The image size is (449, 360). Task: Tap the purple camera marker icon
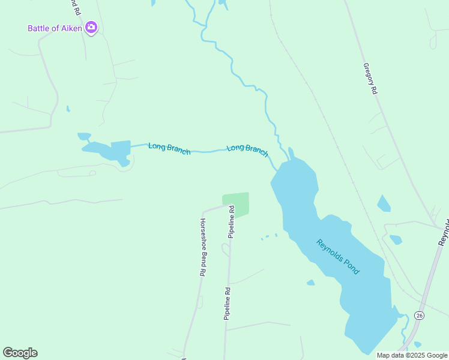pyautogui.click(x=91, y=28)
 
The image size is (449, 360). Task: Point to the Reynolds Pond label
pyautogui.click(x=337, y=257)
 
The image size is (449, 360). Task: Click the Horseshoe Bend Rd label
pyautogui.click(x=203, y=246)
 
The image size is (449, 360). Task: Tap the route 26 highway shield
pyautogui.click(x=419, y=315)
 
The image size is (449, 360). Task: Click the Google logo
pyautogui.click(x=20, y=352)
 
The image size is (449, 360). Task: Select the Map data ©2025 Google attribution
pyautogui.click(x=412, y=355)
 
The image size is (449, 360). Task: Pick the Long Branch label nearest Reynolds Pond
pyautogui.click(x=247, y=150)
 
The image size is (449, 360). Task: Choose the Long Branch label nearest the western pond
pyautogui.click(x=169, y=148)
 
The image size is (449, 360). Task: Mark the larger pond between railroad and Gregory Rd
pyautogui.click(x=383, y=204)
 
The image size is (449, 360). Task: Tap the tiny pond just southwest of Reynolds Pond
pyautogui.click(x=310, y=283)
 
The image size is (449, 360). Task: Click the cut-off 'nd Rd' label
pyautogui.click(x=73, y=7)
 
